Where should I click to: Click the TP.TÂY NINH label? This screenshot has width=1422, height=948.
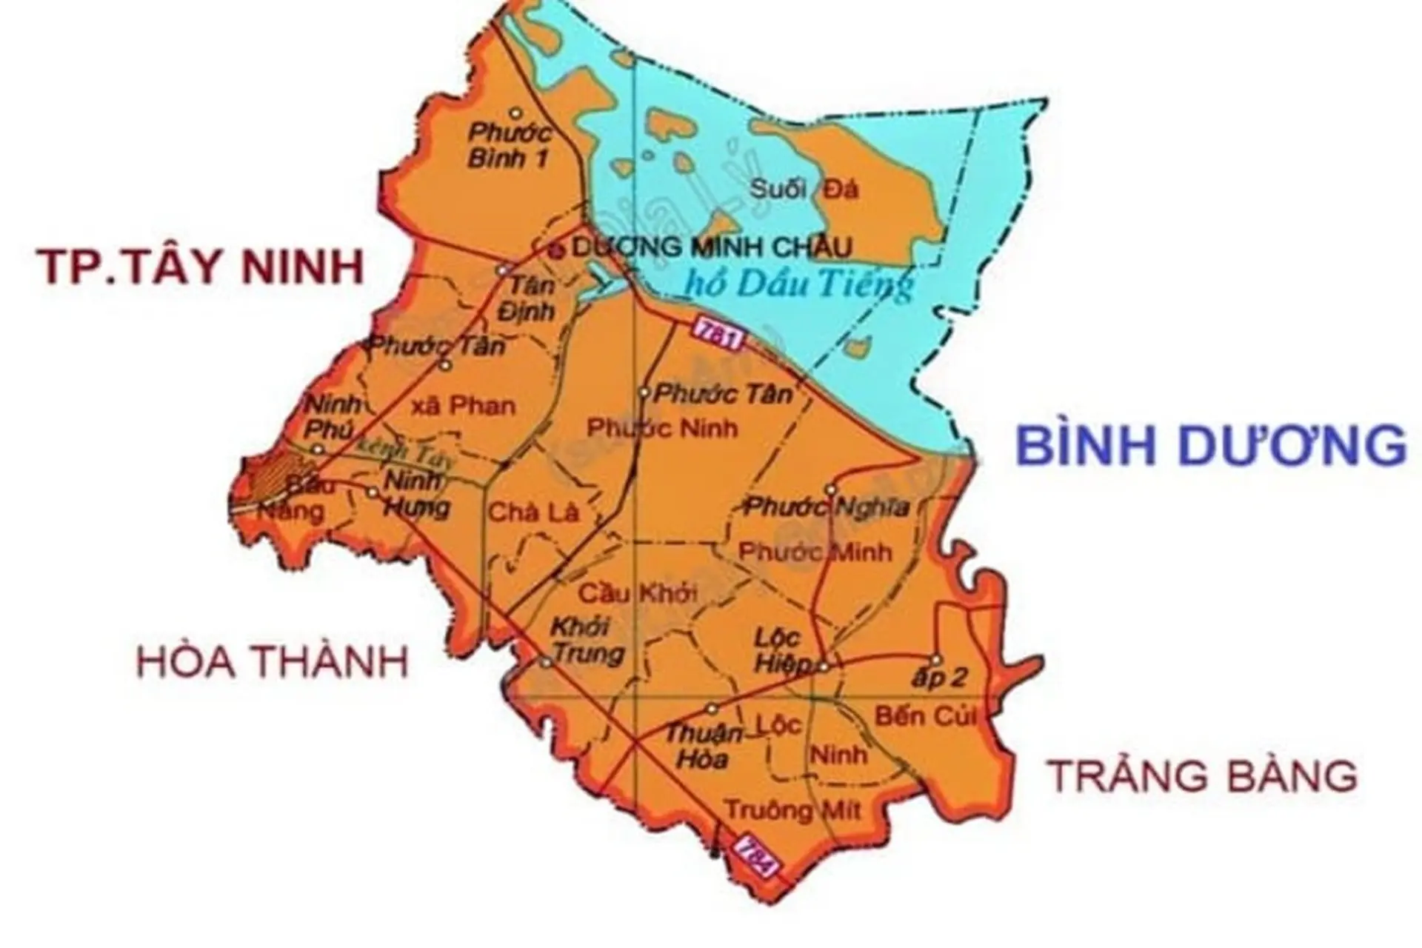[201, 267]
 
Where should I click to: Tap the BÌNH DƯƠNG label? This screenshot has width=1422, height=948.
[1210, 446]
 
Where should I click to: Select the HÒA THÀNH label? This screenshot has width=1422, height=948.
[273, 661]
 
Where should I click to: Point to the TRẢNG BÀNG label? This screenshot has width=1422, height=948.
[1204, 776]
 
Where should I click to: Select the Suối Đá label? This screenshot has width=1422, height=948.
[804, 190]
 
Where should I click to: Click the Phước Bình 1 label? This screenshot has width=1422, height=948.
[510, 145]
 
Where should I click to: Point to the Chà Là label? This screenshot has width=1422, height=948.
[533, 513]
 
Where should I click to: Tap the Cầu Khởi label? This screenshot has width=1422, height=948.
[638, 593]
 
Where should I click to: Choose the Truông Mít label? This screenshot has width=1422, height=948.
[792, 810]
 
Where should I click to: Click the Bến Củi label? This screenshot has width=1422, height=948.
[926, 716]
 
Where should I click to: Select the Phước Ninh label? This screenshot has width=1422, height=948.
[662, 428]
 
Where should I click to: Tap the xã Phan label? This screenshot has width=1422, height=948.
[463, 406]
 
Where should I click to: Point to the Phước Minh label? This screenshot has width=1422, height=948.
[815, 552]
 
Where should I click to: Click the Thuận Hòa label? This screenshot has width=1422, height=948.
[703, 746]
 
